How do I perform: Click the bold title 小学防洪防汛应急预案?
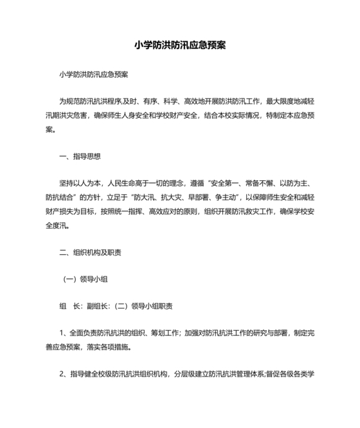tap(179, 46)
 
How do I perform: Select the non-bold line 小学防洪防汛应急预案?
tap(93, 75)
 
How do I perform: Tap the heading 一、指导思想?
tap(80, 156)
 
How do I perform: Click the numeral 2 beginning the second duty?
tap(61, 374)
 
